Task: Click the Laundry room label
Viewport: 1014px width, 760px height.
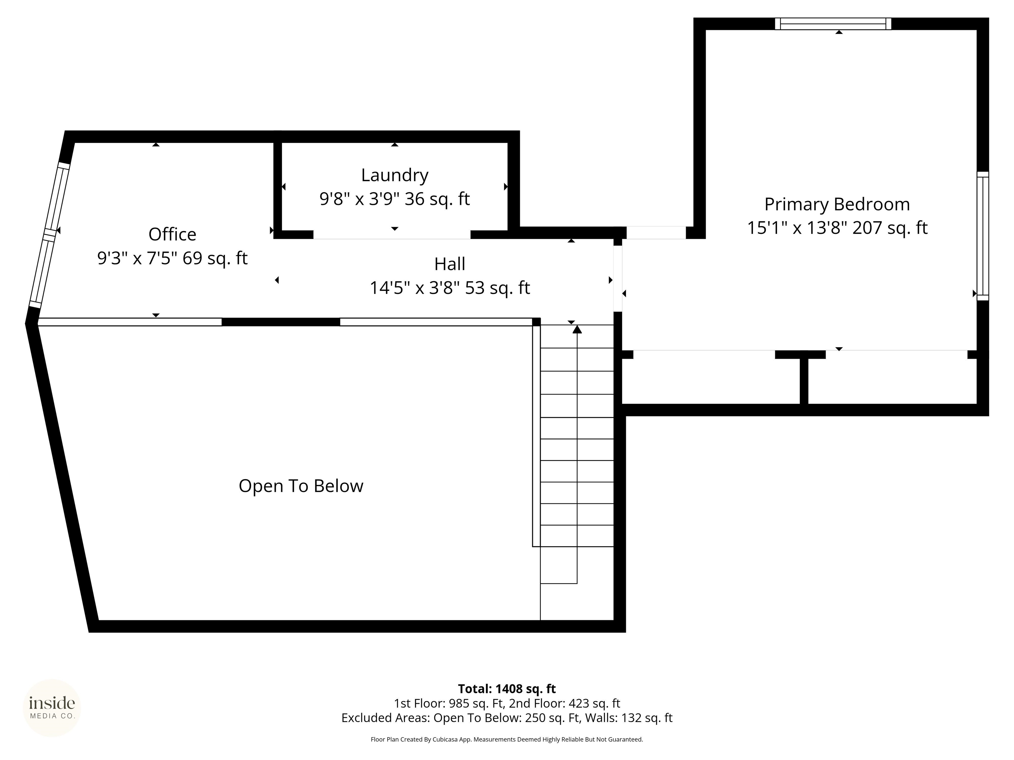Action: click(395, 175)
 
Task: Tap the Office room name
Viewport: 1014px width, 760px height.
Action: click(172, 234)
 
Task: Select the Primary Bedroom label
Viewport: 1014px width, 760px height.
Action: click(837, 204)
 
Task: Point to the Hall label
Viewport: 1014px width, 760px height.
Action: click(450, 264)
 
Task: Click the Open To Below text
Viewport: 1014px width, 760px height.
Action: click(301, 486)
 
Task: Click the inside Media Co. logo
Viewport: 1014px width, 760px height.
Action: click(52, 708)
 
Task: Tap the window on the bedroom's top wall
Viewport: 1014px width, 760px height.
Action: click(833, 24)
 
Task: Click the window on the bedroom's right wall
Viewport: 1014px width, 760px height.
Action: click(983, 236)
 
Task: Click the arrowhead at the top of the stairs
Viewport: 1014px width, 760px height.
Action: click(577, 329)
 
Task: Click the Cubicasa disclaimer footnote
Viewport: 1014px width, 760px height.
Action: click(507, 740)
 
